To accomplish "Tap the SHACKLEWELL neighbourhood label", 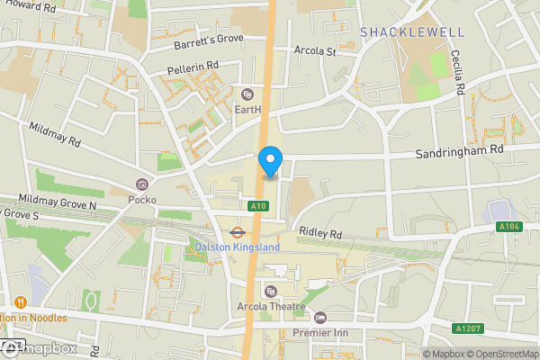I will pos(412,32).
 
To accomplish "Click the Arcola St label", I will pos(315,51).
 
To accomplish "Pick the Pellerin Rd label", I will pos(193,67).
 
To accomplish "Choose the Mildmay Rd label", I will pos(55,135).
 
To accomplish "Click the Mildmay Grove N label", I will pos(58,206).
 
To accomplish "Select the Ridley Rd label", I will pos(321,233).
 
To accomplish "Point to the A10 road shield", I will pos(259,206).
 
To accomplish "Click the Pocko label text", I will pos(141,199).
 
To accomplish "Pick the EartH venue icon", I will pos(248,94).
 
